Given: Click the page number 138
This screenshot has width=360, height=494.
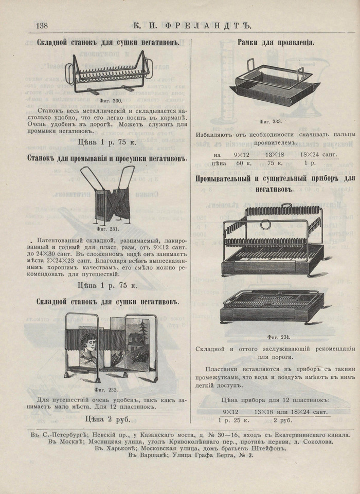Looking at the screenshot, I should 41,25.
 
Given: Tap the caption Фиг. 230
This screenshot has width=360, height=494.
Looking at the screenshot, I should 113,101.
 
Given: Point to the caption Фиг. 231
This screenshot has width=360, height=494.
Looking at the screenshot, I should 108,228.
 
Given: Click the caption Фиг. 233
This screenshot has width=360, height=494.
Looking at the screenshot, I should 271,122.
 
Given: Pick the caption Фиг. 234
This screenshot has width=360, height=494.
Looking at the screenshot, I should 278,338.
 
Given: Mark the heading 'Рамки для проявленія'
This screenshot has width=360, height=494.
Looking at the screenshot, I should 276,43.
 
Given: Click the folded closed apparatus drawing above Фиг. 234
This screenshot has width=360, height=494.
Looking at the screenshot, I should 271,306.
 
